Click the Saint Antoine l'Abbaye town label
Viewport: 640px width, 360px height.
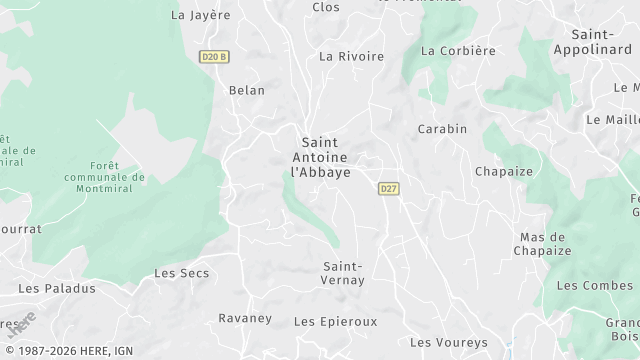point(320,157)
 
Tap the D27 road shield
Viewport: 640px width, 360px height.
point(389,188)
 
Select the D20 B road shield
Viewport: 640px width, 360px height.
point(213,57)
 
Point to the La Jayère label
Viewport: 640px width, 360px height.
point(201,15)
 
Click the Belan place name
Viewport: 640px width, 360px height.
point(247,90)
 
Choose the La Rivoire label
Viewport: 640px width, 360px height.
point(351,57)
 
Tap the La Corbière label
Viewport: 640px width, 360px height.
point(458,51)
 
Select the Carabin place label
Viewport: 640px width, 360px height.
point(442,129)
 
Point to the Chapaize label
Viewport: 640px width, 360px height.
point(504,171)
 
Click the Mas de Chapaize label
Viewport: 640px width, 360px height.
point(545,244)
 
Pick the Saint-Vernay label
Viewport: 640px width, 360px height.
point(343,273)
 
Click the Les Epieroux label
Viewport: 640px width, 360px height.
point(335,322)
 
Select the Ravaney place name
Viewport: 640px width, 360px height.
point(245,318)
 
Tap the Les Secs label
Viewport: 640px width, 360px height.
point(180,273)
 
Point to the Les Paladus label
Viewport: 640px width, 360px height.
point(57,288)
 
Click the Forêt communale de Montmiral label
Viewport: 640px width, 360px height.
point(104,177)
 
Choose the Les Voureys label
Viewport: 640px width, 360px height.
point(449,342)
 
